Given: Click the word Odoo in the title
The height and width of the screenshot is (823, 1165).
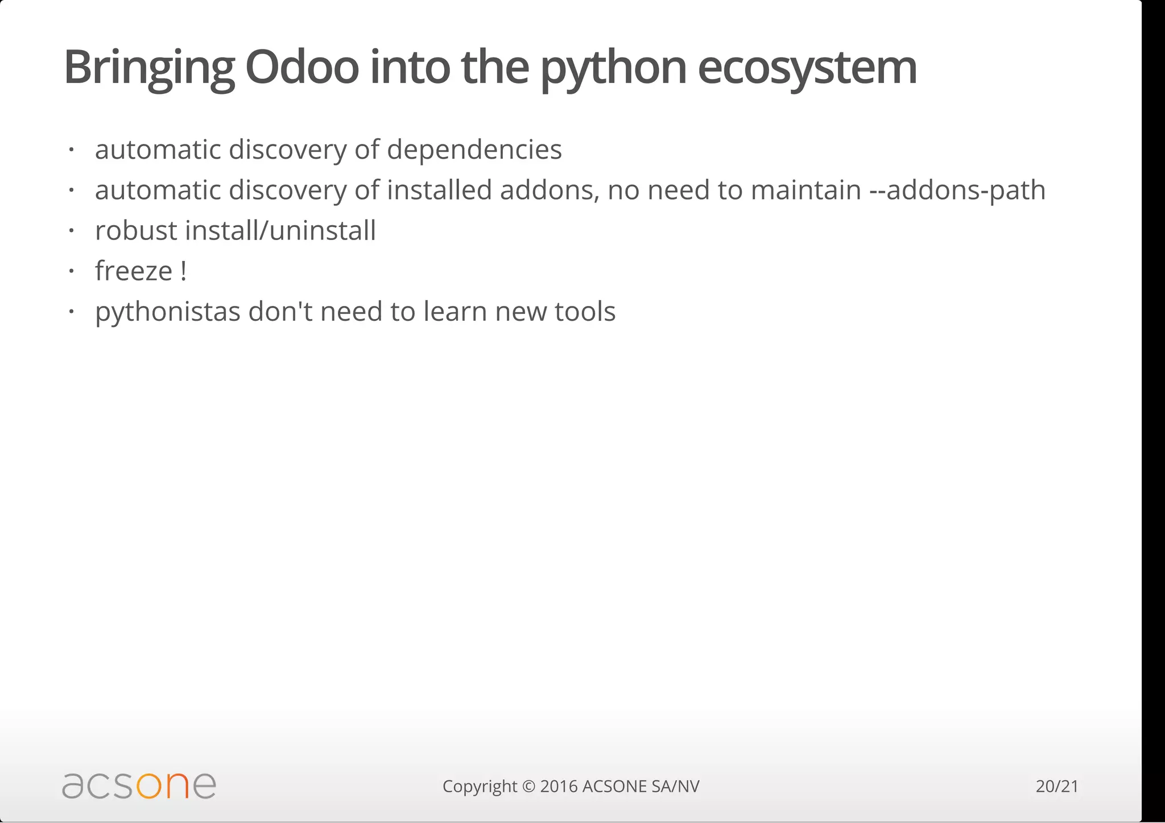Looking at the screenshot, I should click(x=301, y=67).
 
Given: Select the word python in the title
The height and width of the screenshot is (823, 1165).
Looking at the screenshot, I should click(x=613, y=67).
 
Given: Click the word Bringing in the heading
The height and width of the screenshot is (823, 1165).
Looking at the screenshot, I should click(x=149, y=67).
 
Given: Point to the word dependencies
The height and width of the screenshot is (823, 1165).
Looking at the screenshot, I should click(x=474, y=150).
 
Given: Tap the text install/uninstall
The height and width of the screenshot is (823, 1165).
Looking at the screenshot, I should click(x=280, y=231).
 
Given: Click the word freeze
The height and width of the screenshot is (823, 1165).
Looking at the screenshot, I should click(x=134, y=271).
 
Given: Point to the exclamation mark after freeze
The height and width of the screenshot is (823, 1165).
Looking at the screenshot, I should click(x=183, y=271).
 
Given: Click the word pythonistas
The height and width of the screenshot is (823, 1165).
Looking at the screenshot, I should click(x=168, y=312).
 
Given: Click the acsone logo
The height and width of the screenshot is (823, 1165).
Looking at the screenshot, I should click(x=139, y=785).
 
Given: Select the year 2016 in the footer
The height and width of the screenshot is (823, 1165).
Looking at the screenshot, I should click(x=559, y=787).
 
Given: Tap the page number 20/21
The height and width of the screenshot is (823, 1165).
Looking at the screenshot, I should click(x=1057, y=787).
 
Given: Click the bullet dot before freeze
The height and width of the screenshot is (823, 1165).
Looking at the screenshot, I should click(x=71, y=271).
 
